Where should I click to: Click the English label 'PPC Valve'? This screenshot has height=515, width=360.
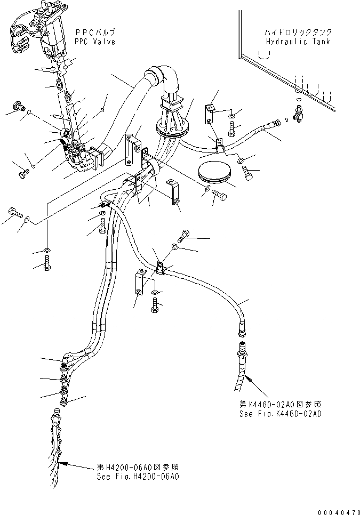pyautogui.click(x=95, y=41)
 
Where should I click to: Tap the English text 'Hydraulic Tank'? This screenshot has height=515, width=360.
pyautogui.click(x=298, y=41)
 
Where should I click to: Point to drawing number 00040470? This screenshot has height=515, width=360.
pyautogui.click(x=338, y=511)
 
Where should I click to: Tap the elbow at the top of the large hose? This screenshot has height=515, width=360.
pyautogui.click(x=165, y=80)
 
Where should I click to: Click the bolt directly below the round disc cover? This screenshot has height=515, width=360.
pyautogui.click(x=219, y=196)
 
